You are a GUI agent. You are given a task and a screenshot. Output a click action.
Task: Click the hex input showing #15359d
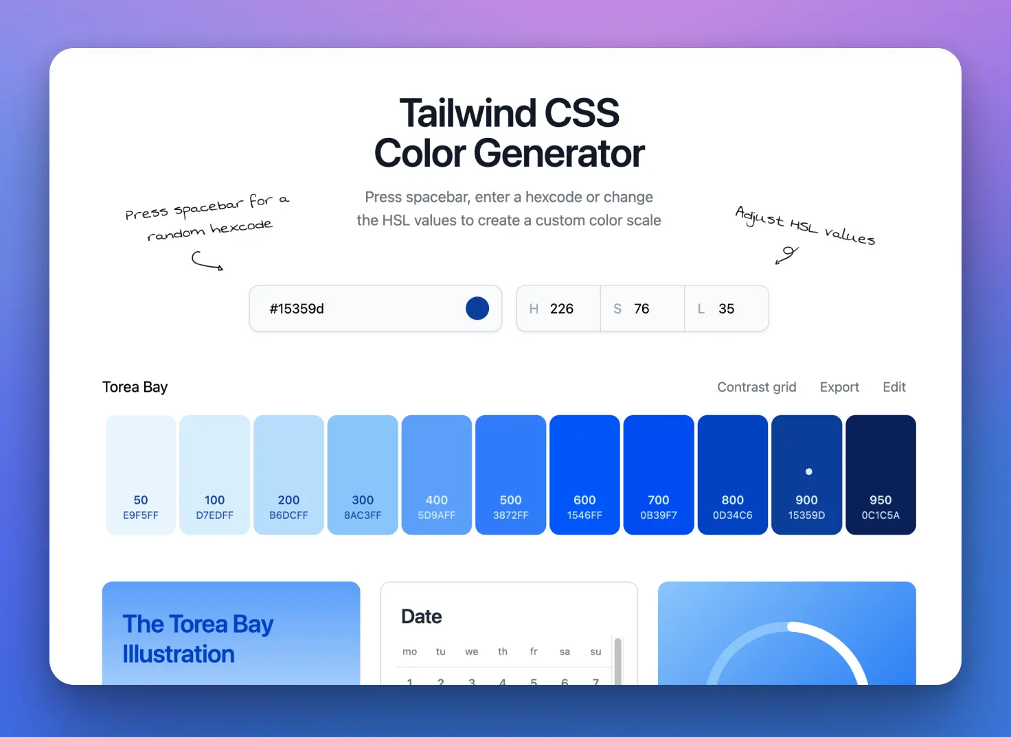375,309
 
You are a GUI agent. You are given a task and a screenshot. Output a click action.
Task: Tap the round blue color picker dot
477,309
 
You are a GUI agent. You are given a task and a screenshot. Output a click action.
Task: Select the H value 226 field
558,309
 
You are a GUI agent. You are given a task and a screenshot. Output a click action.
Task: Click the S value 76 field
642,309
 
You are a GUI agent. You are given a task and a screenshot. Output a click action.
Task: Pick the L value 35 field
727,309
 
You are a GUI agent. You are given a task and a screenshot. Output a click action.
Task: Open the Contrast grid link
756,387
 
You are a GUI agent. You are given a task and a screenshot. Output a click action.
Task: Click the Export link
839,387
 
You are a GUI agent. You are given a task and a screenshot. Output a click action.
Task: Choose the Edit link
894,387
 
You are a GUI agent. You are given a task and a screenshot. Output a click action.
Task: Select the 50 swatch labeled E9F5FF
141,475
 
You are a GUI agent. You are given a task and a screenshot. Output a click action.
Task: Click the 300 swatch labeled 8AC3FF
363,475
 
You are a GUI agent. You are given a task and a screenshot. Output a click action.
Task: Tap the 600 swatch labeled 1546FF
584,475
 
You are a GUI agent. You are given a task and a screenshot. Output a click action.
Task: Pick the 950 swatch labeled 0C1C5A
881,475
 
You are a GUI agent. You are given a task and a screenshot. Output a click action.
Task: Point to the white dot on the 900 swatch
809,472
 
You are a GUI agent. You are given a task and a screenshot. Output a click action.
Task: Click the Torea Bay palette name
135,387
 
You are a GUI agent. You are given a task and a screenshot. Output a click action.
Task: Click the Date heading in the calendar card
422,617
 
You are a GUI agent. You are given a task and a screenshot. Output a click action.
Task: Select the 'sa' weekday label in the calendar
565,652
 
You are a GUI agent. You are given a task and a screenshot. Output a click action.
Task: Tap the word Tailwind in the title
468,113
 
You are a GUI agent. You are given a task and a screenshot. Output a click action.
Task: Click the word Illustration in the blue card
179,654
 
